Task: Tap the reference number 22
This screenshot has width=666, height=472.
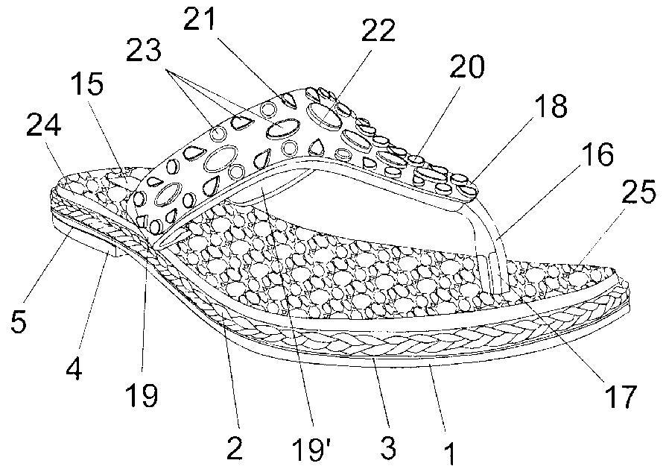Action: [x=378, y=31]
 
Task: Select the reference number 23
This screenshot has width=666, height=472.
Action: [x=143, y=51]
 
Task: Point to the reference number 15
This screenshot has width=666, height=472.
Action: [x=87, y=84]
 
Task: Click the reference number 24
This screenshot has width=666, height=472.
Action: [x=44, y=127]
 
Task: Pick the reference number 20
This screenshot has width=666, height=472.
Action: [x=466, y=67]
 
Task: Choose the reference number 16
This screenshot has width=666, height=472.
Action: [x=597, y=154]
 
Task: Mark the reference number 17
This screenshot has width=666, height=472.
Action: [x=621, y=396]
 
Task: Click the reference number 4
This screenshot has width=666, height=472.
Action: [x=74, y=368]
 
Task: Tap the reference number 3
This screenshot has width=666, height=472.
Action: [x=388, y=447]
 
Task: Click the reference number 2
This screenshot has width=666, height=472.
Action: [x=235, y=447]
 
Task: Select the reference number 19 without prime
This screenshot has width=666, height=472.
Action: [x=142, y=394]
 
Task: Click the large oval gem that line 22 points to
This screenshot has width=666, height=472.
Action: [x=323, y=115]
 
